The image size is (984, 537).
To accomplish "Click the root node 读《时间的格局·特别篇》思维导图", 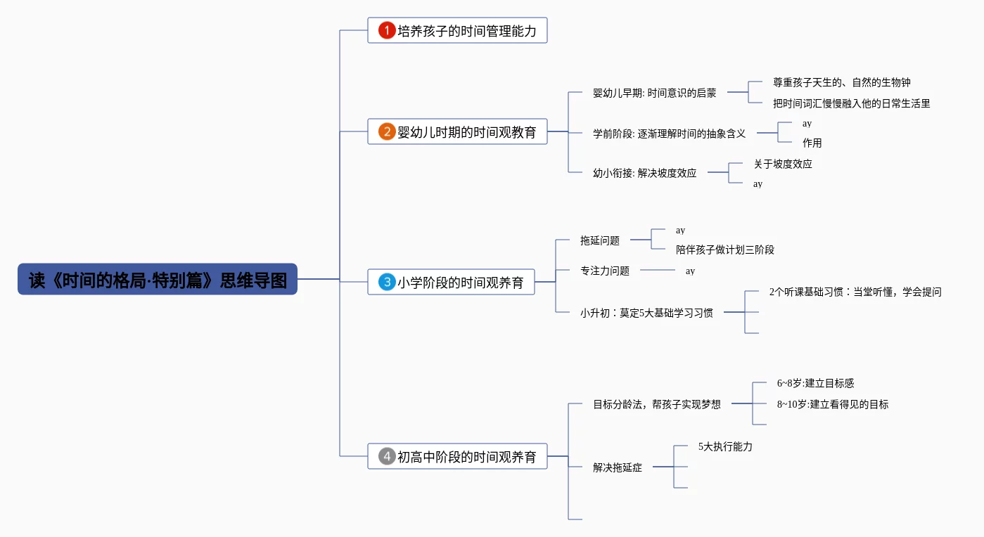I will coord(158,279).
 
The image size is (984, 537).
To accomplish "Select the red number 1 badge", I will coord(387,30).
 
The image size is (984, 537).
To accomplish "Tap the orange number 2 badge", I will coord(387,131).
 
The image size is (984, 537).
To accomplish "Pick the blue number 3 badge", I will coord(387,282).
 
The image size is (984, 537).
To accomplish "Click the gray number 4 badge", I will coord(387,456).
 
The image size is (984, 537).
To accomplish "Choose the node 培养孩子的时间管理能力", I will coord(466,31).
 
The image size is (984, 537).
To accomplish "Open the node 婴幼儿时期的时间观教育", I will coord(466,132).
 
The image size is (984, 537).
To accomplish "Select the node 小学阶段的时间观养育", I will coord(460,283).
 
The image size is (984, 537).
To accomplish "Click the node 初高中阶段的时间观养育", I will coord(466,457).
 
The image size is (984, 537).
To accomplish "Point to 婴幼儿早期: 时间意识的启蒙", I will coord(654,93).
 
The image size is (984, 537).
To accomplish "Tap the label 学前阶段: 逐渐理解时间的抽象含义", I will coord(669,133).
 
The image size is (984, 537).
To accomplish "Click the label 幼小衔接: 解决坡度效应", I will coord(644,173).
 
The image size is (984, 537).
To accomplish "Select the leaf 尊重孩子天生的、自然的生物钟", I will coord(842,82).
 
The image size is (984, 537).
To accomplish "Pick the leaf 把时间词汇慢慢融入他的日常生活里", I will coord(851,103).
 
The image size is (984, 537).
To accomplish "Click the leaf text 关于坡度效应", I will coord(783,164).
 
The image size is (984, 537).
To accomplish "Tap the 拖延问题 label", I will coord(600,240).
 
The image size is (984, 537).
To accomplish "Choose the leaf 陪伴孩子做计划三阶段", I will coord(724,250).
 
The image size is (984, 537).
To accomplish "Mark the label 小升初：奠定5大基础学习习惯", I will coord(646,313).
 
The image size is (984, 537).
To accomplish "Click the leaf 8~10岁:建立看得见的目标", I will coord(833,404).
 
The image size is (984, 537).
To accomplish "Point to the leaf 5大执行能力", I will coord(725,446).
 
